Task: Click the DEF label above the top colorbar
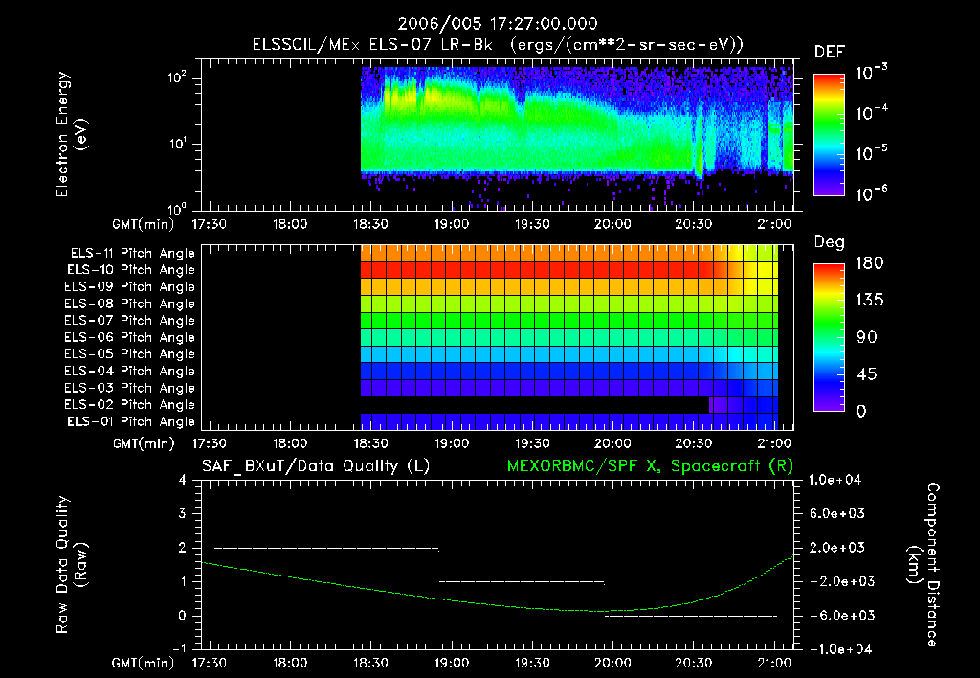[x=828, y=52]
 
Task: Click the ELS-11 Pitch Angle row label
[x=132, y=254]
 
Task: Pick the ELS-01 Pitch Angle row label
[x=132, y=421]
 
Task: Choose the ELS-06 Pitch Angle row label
[x=132, y=337]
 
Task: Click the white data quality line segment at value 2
[x=325, y=548]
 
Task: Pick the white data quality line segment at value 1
[x=522, y=581]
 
